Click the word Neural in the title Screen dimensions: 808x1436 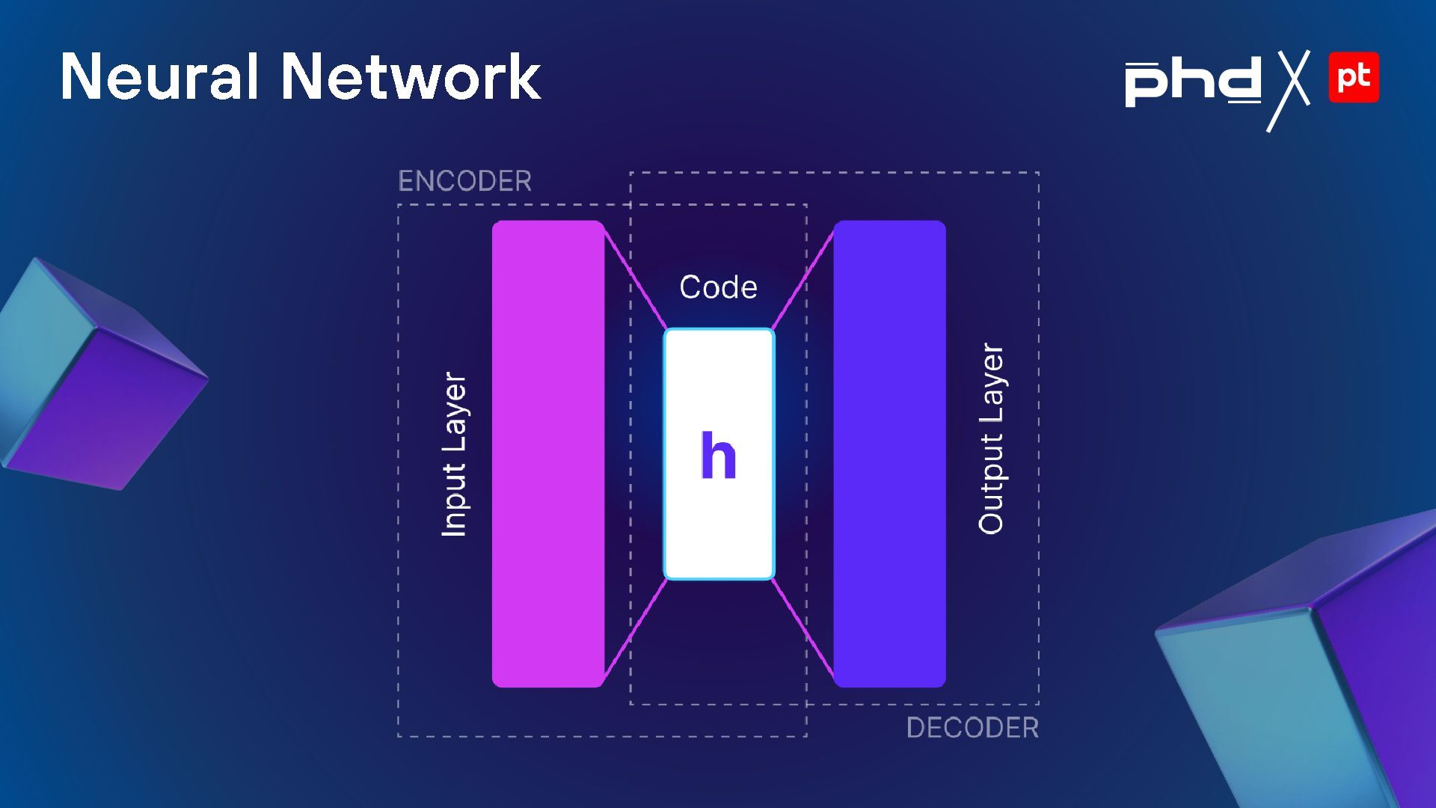click(x=159, y=76)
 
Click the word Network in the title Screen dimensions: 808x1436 click(x=411, y=76)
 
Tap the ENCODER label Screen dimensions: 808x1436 click(x=464, y=181)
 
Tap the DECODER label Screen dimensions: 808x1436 click(x=972, y=727)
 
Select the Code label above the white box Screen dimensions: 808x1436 click(x=718, y=287)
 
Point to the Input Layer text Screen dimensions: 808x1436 click(x=454, y=454)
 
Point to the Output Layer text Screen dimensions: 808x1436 click(x=991, y=439)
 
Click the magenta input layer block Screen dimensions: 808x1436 click(x=547, y=454)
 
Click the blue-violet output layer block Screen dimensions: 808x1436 click(x=889, y=454)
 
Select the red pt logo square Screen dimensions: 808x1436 click(x=1354, y=77)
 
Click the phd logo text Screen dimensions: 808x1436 click(x=1193, y=82)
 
